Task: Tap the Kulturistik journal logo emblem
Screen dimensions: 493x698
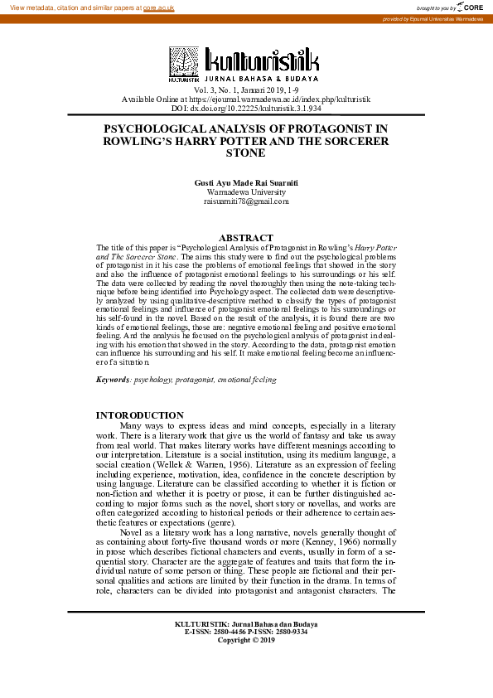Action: [x=185, y=63]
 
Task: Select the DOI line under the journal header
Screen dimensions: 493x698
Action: [x=246, y=109]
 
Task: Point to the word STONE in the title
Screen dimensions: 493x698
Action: [x=246, y=153]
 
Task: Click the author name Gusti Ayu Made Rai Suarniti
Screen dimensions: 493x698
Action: [x=246, y=182]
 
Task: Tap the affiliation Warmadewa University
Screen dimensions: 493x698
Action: [x=246, y=191]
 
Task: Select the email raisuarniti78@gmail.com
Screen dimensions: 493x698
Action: [x=246, y=201]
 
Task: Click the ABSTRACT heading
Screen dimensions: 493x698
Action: [x=246, y=238]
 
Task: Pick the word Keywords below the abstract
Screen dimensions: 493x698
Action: [x=113, y=379]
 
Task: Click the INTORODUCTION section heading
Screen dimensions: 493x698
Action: [x=140, y=415]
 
